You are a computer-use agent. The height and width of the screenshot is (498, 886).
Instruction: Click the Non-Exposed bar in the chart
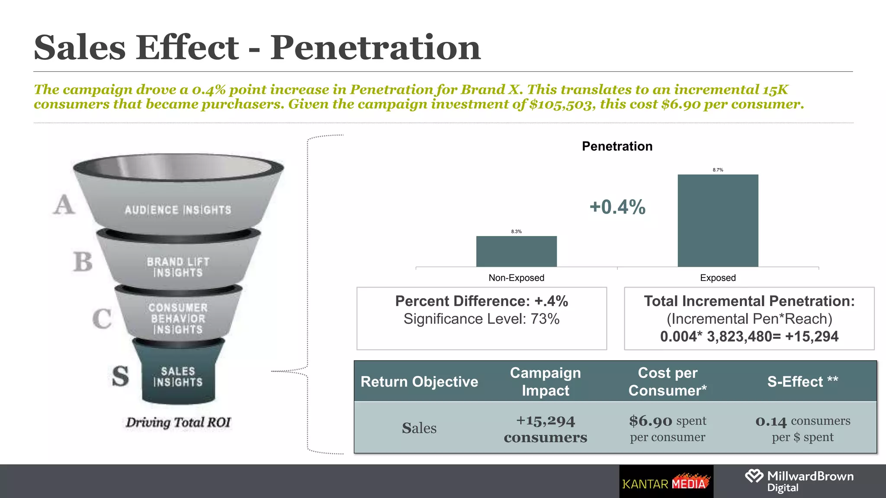point(516,251)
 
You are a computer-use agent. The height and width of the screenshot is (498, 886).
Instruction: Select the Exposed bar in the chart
point(718,220)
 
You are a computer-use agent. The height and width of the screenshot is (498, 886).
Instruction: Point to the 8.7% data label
point(718,170)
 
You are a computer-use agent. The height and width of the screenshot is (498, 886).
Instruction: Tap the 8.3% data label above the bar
point(516,232)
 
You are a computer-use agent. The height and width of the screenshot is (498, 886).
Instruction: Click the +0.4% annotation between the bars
point(617,207)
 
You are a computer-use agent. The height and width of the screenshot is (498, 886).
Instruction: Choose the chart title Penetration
point(617,146)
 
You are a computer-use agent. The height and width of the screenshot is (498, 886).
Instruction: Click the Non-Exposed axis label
point(516,278)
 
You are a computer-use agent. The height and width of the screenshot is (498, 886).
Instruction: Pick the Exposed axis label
point(718,278)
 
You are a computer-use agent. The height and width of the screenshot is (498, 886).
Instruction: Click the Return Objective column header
point(419,382)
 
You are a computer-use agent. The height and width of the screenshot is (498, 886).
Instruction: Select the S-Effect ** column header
point(803,382)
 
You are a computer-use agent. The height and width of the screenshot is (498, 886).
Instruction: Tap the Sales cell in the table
point(419,428)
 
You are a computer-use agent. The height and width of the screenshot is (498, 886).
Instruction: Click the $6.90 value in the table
point(651,421)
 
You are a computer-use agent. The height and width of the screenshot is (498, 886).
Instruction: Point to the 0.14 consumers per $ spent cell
point(803,428)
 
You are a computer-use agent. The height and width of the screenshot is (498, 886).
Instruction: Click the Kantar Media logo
point(666,482)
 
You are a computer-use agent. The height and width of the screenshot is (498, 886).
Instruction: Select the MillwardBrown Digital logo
point(799,481)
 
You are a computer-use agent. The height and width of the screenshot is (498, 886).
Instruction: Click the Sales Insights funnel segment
point(178,377)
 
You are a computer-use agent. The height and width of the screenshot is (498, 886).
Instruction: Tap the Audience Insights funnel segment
point(178,210)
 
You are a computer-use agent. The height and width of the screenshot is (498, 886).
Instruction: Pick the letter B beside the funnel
point(83,262)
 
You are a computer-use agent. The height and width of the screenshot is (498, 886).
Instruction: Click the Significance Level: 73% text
point(482,319)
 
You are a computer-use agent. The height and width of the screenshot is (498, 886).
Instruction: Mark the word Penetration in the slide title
point(375,48)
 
